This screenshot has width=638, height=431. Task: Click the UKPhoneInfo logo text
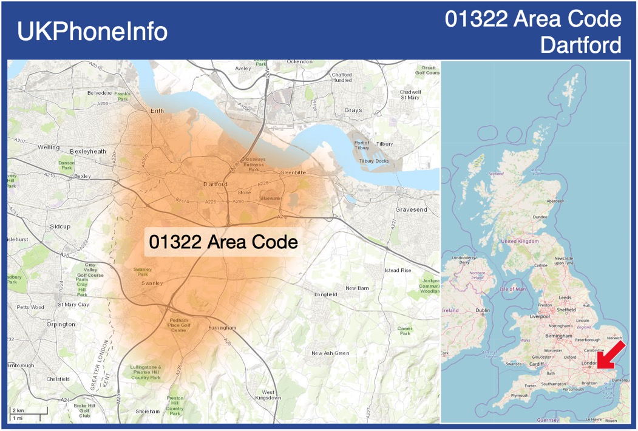92,32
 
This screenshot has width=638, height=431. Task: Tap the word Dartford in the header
581,45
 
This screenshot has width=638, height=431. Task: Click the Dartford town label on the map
215,184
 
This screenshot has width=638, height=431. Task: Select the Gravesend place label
411,209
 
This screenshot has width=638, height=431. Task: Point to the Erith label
157,111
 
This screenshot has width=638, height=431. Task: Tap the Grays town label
353,110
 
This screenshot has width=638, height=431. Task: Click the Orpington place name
61,324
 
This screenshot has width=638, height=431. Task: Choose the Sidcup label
60,226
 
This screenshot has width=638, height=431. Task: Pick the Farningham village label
222,328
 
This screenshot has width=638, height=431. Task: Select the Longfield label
325,294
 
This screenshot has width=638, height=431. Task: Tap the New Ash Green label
330,353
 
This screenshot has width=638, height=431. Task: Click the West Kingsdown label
268,395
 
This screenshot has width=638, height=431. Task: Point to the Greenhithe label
293,172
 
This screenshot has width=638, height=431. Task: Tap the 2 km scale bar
27,412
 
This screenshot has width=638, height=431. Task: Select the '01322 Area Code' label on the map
223,242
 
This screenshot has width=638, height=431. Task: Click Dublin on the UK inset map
483,310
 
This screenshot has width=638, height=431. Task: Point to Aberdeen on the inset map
555,201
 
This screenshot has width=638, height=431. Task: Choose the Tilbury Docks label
374,161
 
